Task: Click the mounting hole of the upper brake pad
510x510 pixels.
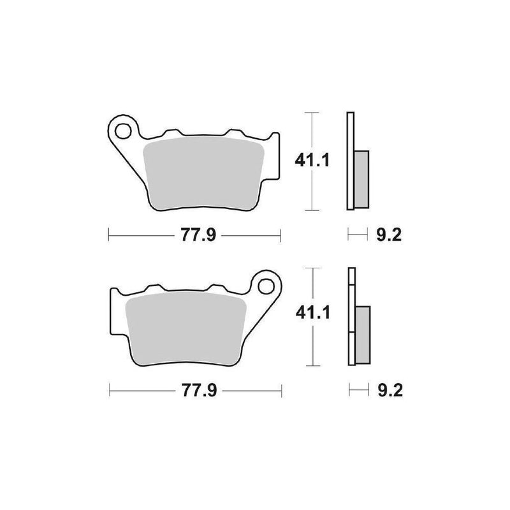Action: coord(123,131)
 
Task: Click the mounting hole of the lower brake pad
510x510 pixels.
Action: coord(266,286)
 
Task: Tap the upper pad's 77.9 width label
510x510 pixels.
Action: coord(198,235)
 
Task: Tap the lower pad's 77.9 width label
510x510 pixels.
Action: coord(199,390)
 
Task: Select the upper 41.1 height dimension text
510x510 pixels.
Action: coord(312,161)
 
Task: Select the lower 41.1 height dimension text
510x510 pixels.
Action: coord(312,312)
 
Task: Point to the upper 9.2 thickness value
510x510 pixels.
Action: coord(389,235)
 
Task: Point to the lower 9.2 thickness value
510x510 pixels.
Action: coord(390,390)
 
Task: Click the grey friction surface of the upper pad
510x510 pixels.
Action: coord(204,172)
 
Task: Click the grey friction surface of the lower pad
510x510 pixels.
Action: coord(186,328)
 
